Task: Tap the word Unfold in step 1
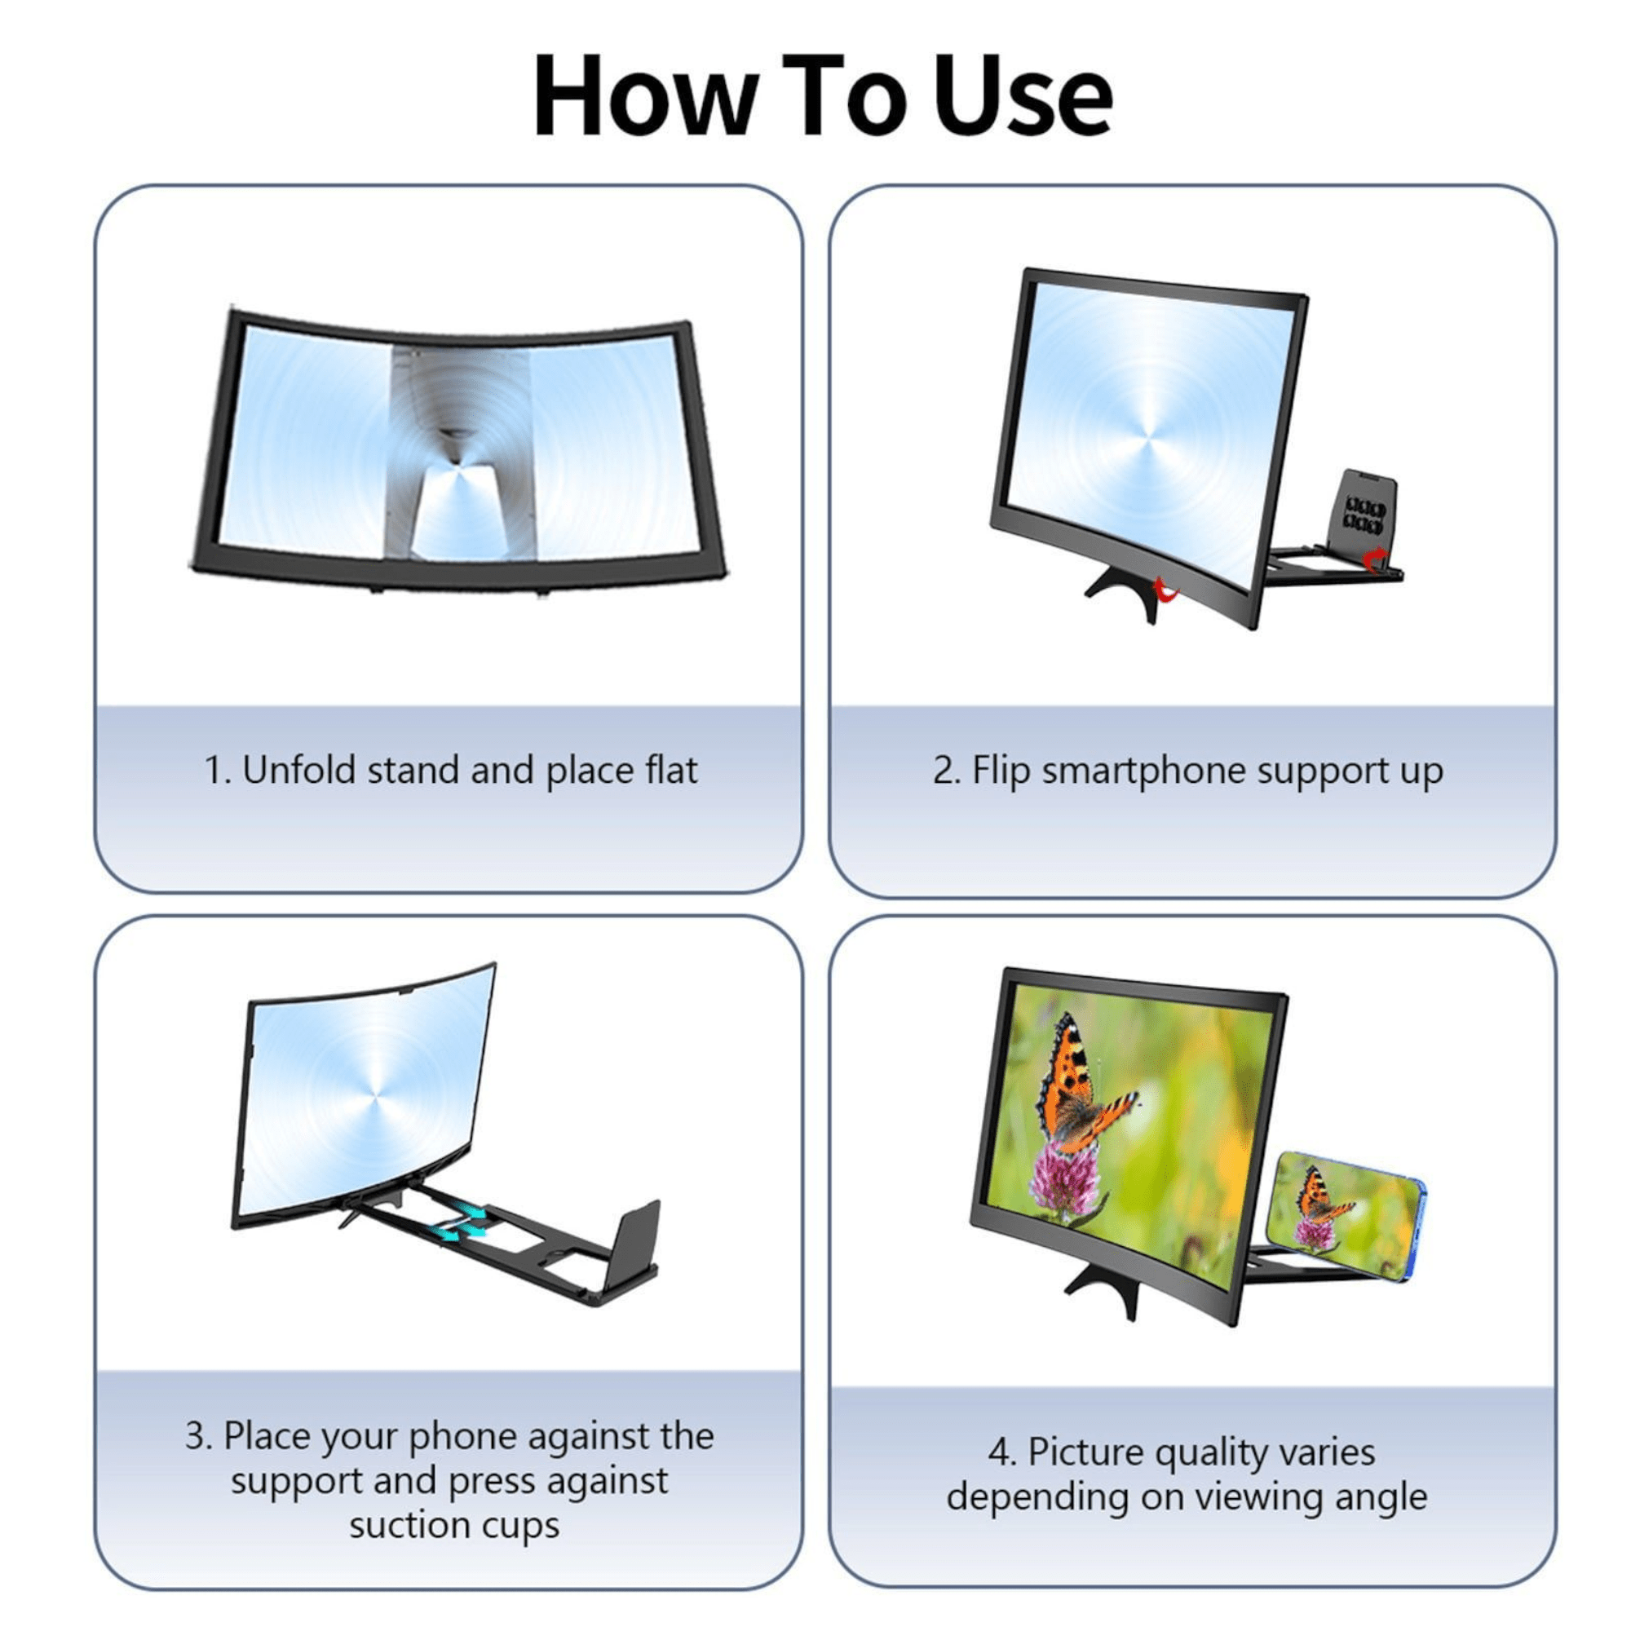298,770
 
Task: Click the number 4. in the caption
1002,1452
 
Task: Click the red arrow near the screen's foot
1166,591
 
